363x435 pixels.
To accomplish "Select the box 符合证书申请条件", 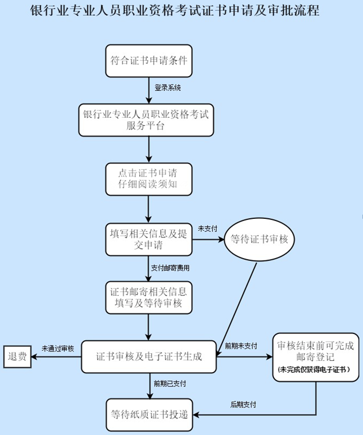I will pos(149,60).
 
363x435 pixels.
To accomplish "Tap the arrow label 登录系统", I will pos(167,88).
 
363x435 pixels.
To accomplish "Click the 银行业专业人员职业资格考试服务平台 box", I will pos(146,119).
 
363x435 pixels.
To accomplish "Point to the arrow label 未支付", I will pos(207,229).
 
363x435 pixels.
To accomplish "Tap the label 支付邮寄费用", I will pos(170,267).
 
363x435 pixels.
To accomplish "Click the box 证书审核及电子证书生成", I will pos(149,356).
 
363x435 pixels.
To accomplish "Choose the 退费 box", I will pos(17,356).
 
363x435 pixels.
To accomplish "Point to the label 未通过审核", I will pos(57,348).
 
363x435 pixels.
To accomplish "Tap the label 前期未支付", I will pos(241,346).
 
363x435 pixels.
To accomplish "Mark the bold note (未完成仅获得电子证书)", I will pos(316,370).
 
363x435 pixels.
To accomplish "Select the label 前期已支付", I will pos(170,383).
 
